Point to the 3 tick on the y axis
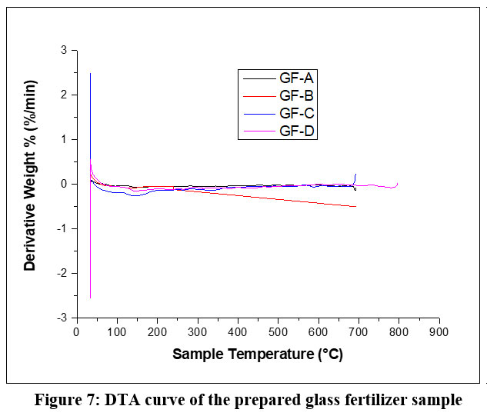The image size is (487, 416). click(x=63, y=51)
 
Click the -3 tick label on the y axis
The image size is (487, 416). click(x=61, y=318)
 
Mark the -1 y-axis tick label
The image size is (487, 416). click(x=61, y=228)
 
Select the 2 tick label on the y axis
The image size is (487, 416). click(x=63, y=95)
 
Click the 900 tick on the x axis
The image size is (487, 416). click(x=439, y=332)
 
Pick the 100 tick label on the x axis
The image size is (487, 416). click(x=116, y=332)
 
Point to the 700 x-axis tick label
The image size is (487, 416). click(x=358, y=332)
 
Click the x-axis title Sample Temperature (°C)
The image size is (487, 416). click(x=258, y=354)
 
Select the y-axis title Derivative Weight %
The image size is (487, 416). click(x=31, y=185)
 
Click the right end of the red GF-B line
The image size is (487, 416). click(x=355, y=206)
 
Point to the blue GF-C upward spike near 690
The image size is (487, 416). click(x=355, y=175)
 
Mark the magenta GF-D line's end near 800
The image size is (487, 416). click(x=397, y=183)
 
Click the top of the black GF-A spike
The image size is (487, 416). click(x=91, y=74)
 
